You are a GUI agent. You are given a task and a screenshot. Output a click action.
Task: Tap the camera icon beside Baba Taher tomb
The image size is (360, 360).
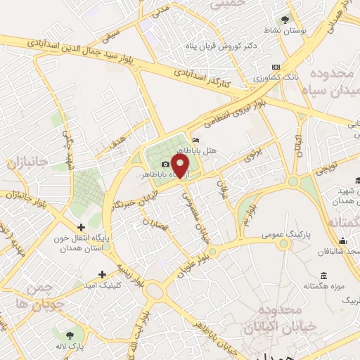[166, 164]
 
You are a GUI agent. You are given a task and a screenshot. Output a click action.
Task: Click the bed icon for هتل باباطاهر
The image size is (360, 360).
[195, 141]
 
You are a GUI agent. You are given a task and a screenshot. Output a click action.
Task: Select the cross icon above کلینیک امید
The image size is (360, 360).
[103, 274]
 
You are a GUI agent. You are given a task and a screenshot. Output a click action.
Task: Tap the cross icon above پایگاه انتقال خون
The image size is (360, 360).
[82, 227]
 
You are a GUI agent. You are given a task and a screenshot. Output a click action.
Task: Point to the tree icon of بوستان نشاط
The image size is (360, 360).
[284, 20]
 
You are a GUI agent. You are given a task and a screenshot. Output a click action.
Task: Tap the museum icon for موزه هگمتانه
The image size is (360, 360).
[323, 275]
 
